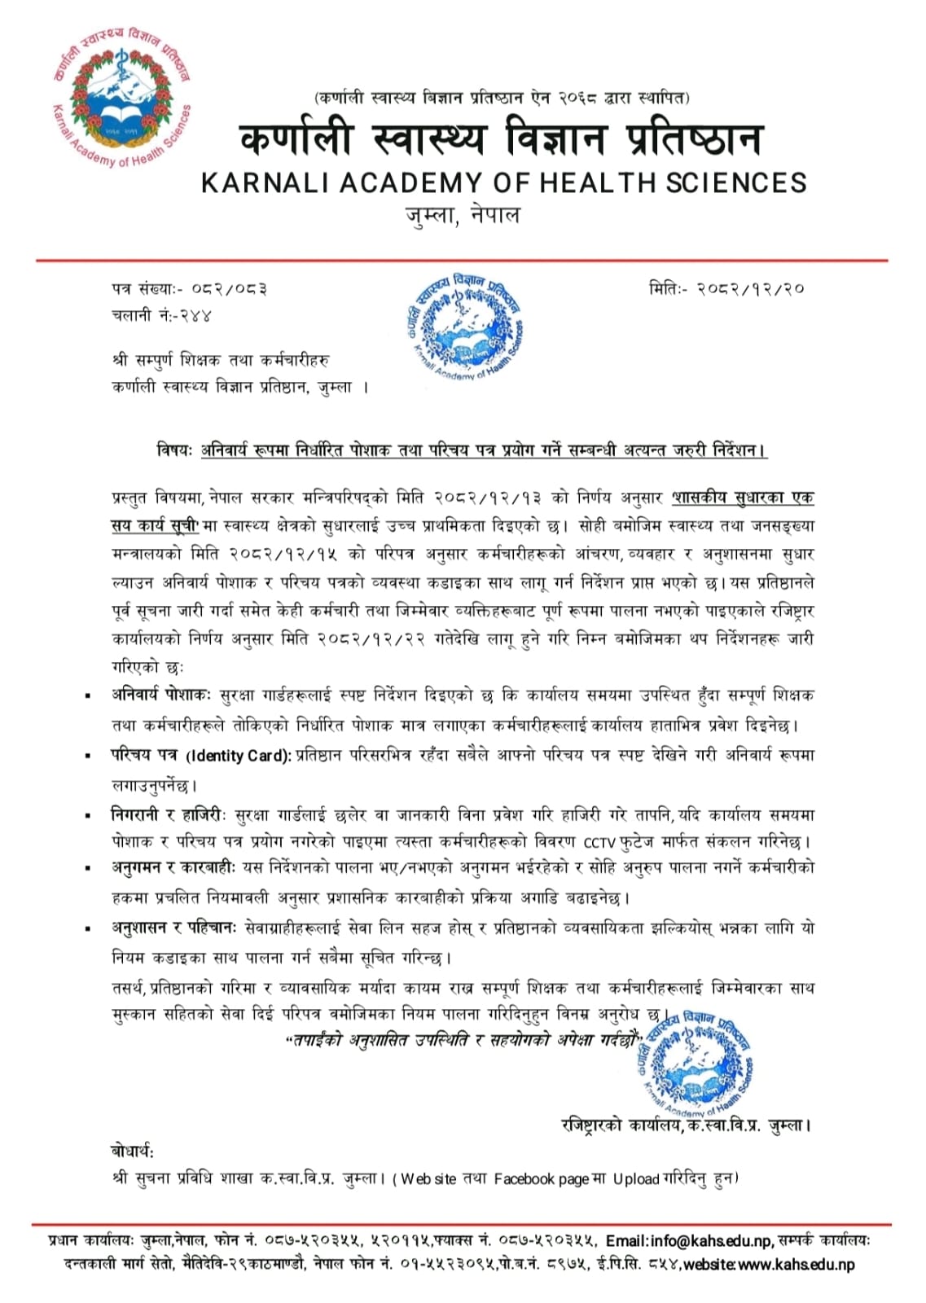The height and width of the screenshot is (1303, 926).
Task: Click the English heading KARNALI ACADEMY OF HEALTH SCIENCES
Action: (503, 182)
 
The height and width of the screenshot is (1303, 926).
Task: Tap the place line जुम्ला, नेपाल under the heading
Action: (462, 217)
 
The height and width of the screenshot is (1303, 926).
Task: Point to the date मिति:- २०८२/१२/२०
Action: (726, 288)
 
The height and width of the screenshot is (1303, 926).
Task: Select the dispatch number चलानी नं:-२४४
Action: (161, 315)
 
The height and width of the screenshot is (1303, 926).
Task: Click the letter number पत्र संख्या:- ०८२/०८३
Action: (189, 288)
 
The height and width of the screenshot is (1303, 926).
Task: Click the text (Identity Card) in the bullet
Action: (238, 756)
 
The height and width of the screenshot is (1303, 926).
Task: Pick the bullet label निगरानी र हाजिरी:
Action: (170, 815)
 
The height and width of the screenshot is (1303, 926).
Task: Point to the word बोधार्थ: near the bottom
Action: (132, 1151)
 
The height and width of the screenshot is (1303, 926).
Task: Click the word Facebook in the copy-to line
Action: (523, 1179)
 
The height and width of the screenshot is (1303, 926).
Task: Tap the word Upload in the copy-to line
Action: (636, 1179)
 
